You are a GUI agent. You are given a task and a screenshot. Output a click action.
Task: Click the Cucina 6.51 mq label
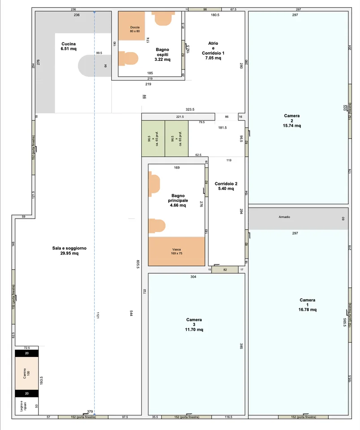pyautogui.click(x=69, y=46)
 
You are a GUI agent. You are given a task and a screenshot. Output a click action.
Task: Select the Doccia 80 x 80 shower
pyautogui.click(x=132, y=26)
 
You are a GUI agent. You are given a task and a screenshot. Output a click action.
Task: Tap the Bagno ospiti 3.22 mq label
pyautogui.click(x=162, y=55)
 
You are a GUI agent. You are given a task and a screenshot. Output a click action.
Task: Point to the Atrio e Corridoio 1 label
pyautogui.click(x=213, y=51)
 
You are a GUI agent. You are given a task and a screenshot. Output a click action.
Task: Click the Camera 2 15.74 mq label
pyautogui.click(x=292, y=120)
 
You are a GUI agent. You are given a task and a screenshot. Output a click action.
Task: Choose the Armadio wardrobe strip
pyautogui.click(x=298, y=219)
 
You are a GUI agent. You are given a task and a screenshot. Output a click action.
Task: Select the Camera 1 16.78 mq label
pyautogui.click(x=307, y=305)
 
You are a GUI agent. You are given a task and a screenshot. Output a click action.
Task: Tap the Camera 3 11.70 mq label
pyautogui.click(x=194, y=325)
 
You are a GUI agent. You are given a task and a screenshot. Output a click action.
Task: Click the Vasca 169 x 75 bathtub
pyautogui.click(x=177, y=251)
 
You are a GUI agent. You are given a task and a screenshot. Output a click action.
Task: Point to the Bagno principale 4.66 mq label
pyautogui.click(x=178, y=201)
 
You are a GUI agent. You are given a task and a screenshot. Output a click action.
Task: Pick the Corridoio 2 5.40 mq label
pyautogui.click(x=226, y=186)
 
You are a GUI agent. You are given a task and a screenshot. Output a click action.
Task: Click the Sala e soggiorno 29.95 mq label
pyautogui.click(x=69, y=251)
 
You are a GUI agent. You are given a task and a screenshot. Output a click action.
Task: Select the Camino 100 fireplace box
pyautogui.click(x=26, y=373)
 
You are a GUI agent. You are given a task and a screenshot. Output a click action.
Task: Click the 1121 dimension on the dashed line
pyautogui.click(x=98, y=315)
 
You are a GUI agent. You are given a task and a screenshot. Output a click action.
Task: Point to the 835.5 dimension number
pyautogui.click(x=138, y=264)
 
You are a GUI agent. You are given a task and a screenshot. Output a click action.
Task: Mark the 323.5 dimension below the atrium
pyautogui.click(x=190, y=109)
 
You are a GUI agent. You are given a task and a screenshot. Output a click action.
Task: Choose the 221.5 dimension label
pyautogui.click(x=180, y=117)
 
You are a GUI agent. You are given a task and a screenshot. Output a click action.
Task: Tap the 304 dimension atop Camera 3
pyautogui.click(x=193, y=277)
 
